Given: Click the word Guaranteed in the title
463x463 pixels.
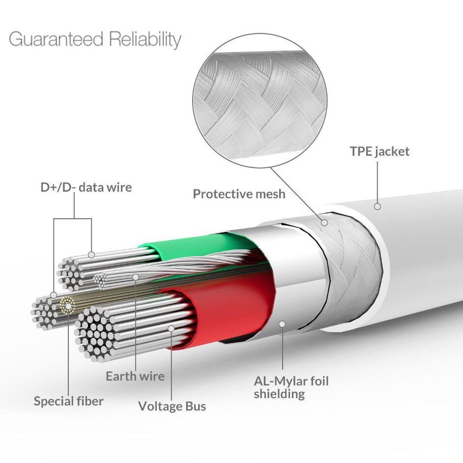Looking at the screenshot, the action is click(56, 39).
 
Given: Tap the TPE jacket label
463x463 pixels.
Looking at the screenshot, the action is click(380, 152).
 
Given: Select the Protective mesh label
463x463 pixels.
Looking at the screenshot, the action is click(239, 194).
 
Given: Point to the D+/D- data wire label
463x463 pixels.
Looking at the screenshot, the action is click(86, 187).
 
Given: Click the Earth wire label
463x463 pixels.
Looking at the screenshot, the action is click(135, 376).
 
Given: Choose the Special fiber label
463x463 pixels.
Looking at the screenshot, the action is click(68, 401).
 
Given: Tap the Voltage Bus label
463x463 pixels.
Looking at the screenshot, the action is click(172, 406).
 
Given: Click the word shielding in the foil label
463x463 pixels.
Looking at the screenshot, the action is click(279, 394).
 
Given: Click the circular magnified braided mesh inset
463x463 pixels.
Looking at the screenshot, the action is click(260, 100).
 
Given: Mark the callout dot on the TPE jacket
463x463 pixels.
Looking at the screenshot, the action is click(377, 206).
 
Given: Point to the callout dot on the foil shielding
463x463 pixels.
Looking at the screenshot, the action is click(282, 324).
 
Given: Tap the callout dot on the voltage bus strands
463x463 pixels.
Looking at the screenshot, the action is click(171, 328).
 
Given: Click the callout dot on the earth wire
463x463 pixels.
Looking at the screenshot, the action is click(136, 277).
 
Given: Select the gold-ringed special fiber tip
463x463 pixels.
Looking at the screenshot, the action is click(68, 305).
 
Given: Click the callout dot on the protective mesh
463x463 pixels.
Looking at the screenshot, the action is click(324, 222).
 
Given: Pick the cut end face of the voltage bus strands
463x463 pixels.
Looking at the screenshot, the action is click(94, 334).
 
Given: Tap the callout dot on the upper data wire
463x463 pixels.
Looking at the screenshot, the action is click(91, 255).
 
